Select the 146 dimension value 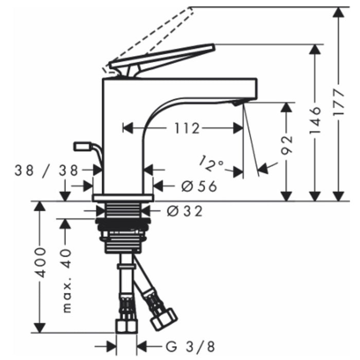pos(315,120)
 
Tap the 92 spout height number pos(286,145)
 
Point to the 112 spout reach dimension pos(187,128)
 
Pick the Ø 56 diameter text pos(199,186)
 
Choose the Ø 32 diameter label pos(185,211)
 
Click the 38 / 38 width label pos(47,170)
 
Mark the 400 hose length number pos(40,262)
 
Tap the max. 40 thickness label pos(67,281)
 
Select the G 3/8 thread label pos(191,347)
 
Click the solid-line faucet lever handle pos(162,60)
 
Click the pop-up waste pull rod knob pos(82,146)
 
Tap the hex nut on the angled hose pos(164,319)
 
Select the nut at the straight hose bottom pos(127,327)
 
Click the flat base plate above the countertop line pos(123,197)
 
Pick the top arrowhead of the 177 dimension pos(338,12)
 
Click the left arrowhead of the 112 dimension pos(128,128)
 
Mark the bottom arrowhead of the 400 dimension pos(40,328)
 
